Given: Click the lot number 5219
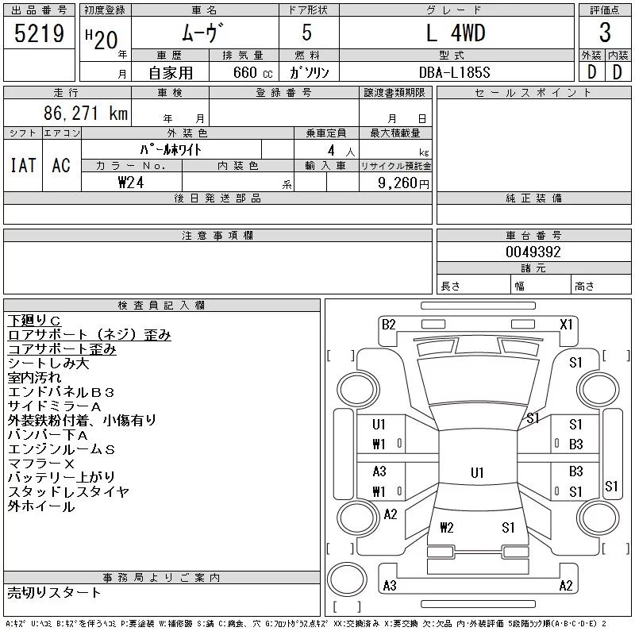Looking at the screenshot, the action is pyautogui.click(x=39, y=33).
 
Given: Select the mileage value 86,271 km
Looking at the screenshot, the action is pyautogui.click(x=86, y=113).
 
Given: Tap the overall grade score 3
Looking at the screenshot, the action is pyautogui.click(x=605, y=33).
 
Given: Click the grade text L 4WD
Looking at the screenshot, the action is pyautogui.click(x=456, y=33).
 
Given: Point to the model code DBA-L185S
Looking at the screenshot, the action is pyautogui.click(x=454, y=72).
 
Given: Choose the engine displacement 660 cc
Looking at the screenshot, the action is pyautogui.click(x=253, y=72).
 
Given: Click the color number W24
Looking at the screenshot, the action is pyautogui.click(x=131, y=183).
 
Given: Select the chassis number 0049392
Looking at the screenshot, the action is pyautogui.click(x=533, y=252).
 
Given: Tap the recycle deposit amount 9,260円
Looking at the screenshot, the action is pyautogui.click(x=403, y=183).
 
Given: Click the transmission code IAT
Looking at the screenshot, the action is pyautogui.click(x=23, y=165).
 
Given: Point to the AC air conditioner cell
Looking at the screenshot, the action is pyautogui.click(x=61, y=165).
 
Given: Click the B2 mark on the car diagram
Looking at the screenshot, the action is pyautogui.click(x=388, y=325).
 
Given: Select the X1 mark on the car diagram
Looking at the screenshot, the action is pyautogui.click(x=566, y=325).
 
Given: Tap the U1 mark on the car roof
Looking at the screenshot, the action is pyautogui.click(x=477, y=472).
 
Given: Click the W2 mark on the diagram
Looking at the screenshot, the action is pyautogui.click(x=447, y=527).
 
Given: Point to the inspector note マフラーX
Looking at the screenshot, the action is pyautogui.click(x=41, y=464).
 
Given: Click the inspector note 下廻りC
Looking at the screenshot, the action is pyautogui.click(x=34, y=321).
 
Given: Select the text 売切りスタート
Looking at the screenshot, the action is pyautogui.click(x=54, y=593).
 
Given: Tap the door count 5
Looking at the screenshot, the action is pyautogui.click(x=307, y=33).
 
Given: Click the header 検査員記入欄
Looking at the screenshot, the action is pyautogui.click(x=161, y=305).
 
